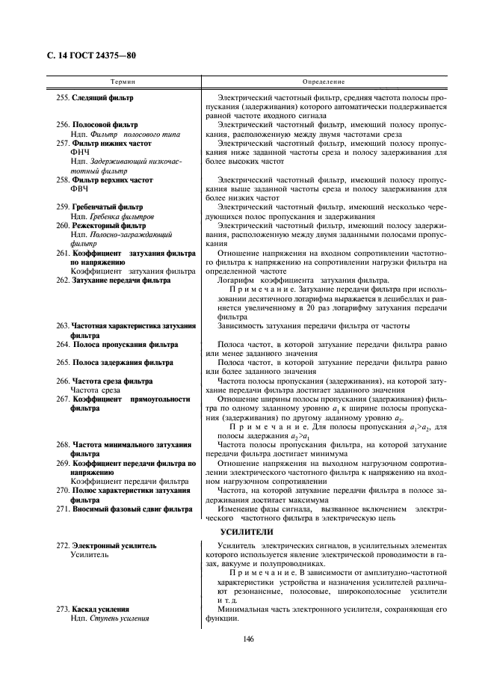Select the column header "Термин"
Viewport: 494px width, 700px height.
click(123, 81)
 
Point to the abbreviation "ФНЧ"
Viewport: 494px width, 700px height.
click(80, 152)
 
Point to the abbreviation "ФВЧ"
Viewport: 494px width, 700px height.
click(80, 190)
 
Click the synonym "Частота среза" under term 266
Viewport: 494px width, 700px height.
click(96, 390)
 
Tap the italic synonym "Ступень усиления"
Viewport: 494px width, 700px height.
click(120, 618)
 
